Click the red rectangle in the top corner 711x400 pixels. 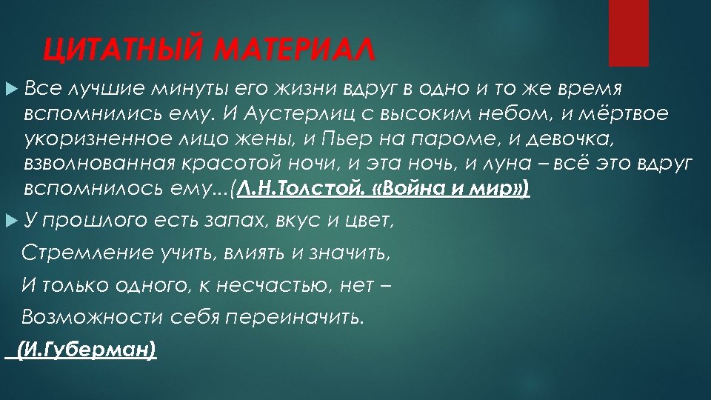point(628,33)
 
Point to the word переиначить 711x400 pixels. point(294,318)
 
